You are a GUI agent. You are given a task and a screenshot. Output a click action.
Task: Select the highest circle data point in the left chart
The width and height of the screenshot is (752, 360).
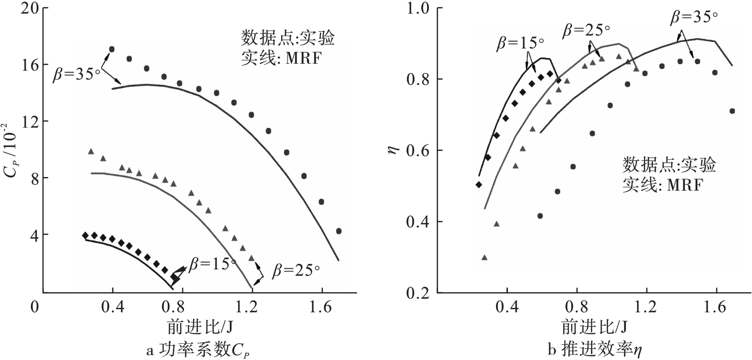[x=111, y=49]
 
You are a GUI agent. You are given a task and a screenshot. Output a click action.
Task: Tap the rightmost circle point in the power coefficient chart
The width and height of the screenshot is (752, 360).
[x=339, y=231]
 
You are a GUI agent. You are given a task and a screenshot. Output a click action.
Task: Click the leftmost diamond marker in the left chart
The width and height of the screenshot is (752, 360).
[x=85, y=235]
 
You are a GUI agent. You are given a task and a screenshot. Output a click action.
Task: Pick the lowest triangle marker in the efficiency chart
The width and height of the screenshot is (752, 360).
[x=484, y=257]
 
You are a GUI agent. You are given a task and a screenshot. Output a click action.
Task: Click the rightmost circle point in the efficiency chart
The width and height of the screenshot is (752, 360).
[x=732, y=111]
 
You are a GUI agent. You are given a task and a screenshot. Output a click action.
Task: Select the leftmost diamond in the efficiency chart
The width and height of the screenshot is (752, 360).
[x=478, y=184]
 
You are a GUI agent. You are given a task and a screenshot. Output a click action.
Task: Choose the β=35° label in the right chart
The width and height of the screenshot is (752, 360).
[x=693, y=17]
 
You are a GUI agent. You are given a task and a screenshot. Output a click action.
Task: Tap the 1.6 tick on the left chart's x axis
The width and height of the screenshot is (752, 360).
[x=322, y=309]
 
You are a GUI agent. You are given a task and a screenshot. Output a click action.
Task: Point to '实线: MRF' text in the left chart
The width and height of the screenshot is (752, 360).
[x=283, y=55]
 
